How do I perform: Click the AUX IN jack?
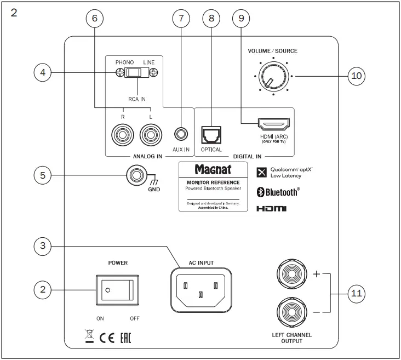pos(181,133)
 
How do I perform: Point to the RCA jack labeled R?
pos(121,133)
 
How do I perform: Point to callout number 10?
pos(357,76)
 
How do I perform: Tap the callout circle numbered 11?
pos(357,293)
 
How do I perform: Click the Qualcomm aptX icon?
pos(262,173)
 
